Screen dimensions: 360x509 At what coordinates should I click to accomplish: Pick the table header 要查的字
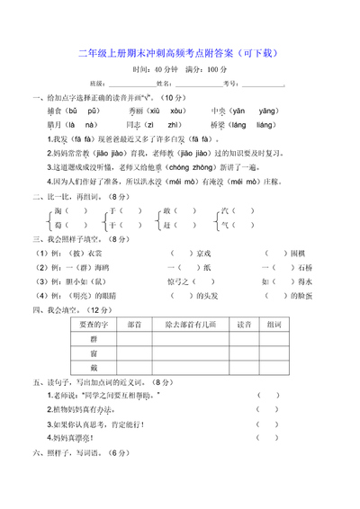[94, 324]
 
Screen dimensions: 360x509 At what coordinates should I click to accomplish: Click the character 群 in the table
[94, 339]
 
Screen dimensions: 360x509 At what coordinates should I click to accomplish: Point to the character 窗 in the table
[94, 353]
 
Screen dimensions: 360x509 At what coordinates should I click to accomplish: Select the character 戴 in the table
[94, 369]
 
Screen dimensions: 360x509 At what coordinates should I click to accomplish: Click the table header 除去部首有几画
[190, 324]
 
